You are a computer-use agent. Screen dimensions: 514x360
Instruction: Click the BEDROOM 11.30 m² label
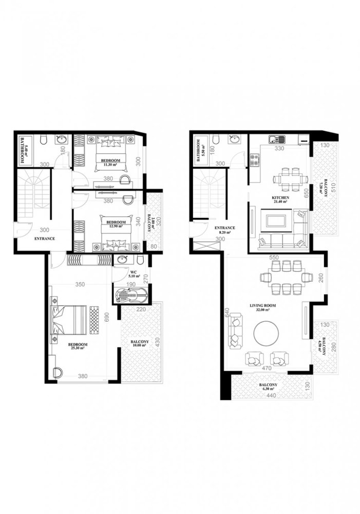tap(111, 163)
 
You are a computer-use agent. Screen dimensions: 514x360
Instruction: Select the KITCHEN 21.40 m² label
tap(280, 199)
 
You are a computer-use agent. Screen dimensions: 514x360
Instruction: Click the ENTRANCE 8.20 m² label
tap(224, 230)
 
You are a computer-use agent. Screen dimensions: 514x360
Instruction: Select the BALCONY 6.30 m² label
tap(270, 387)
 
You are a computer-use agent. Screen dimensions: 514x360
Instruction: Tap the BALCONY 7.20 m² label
tap(320, 189)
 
